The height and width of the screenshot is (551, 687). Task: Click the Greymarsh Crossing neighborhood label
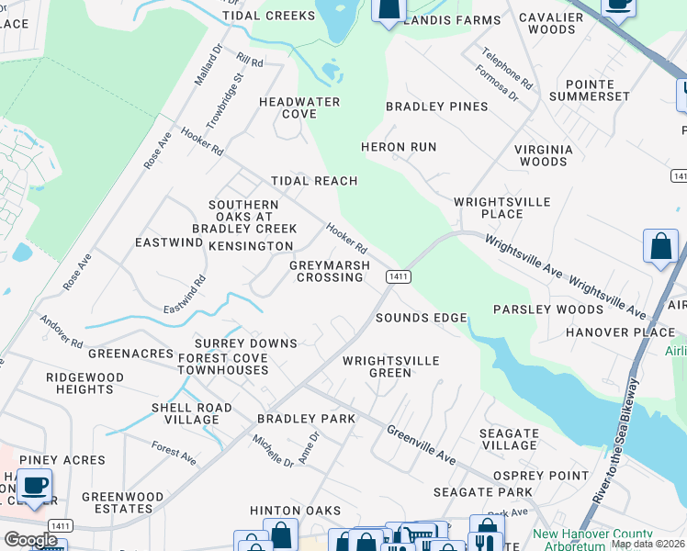330,271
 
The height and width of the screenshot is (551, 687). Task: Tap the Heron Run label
398,147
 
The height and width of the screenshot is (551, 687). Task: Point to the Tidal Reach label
313,181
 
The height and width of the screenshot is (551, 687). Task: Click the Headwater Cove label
299,107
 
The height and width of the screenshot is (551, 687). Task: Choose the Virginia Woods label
543,155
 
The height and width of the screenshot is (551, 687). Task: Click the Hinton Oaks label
295,511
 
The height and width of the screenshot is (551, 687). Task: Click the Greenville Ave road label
421,444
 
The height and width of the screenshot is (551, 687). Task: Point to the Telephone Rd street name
506,68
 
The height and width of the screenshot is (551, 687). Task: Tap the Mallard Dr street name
208,64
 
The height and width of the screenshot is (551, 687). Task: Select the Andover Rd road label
61,332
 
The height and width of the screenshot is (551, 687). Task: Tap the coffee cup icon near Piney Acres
35,485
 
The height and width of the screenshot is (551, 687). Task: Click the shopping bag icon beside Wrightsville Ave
660,246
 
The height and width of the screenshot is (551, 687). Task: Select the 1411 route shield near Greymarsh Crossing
398,276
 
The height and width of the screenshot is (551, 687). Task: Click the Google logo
31,540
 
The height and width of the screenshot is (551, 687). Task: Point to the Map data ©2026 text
648,544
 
